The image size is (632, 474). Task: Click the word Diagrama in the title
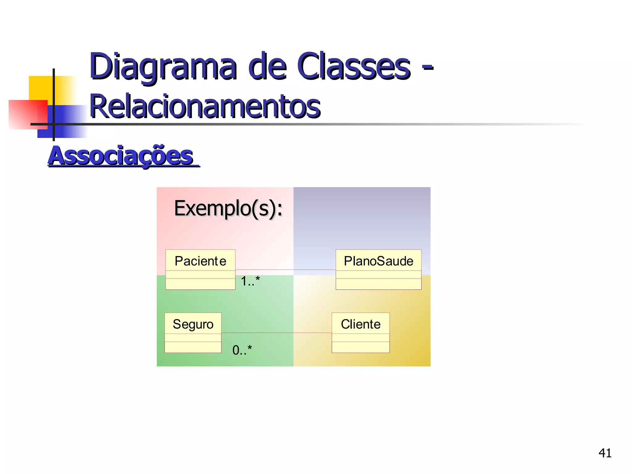(163, 67)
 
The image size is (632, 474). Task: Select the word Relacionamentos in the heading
(205, 106)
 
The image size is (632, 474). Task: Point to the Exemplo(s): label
(228, 208)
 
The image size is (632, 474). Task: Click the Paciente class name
(200, 261)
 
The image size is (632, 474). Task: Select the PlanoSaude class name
(378, 261)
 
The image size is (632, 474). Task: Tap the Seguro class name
(193, 324)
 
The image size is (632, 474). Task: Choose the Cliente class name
(360, 324)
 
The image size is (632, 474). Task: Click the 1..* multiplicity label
(250, 281)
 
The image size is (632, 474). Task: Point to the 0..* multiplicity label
(242, 350)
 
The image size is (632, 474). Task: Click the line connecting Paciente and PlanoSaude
(285, 270)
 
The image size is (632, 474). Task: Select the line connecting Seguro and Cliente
(276, 333)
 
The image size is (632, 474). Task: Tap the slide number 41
(605, 453)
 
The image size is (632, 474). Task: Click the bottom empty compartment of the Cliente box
(360, 347)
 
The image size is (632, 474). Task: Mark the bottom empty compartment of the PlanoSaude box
(378, 284)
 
